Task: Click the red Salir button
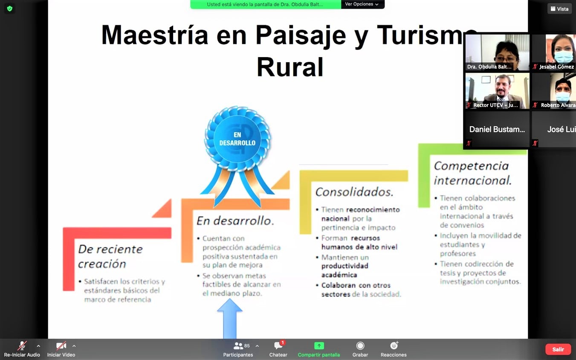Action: pyautogui.click(x=558, y=349)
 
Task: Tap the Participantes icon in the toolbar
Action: pyautogui.click(x=238, y=346)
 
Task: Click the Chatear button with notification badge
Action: pyautogui.click(x=278, y=346)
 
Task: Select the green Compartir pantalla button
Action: pyautogui.click(x=319, y=346)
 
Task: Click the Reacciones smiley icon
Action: pyautogui.click(x=394, y=346)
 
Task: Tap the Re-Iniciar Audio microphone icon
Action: pyautogui.click(x=22, y=346)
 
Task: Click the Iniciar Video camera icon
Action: pyautogui.click(x=61, y=346)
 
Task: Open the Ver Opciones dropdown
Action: pyautogui.click(x=362, y=4)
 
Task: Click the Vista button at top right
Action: pyautogui.click(x=559, y=9)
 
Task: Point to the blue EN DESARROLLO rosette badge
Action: pyautogui.click(x=237, y=139)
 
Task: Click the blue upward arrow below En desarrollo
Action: pyautogui.click(x=230, y=318)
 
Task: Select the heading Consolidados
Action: pyautogui.click(x=354, y=192)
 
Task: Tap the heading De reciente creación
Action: pyautogui.click(x=110, y=256)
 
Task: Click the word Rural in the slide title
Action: pyautogui.click(x=290, y=67)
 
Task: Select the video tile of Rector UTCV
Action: pyautogui.click(x=497, y=91)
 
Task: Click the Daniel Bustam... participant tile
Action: pyautogui.click(x=497, y=129)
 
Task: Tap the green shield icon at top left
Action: pyautogui.click(x=9, y=9)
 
